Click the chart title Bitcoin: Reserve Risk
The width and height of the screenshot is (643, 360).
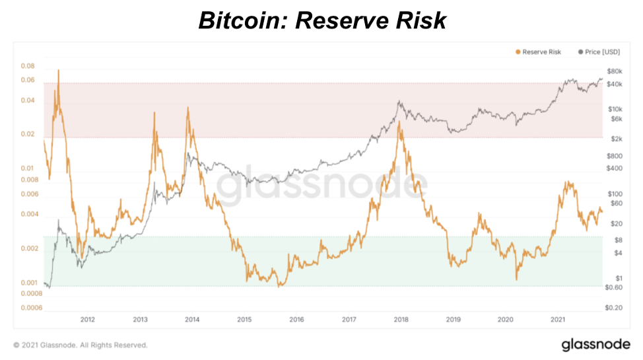tap(322, 20)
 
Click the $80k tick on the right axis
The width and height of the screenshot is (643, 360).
tap(614, 71)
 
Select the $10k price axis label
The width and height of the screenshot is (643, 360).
tap(614, 108)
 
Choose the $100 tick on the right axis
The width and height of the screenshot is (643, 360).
tap(615, 194)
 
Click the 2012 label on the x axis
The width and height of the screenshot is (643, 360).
tap(87, 320)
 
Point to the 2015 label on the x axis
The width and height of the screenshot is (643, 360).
tap(244, 320)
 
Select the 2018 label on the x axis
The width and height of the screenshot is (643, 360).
tap(401, 320)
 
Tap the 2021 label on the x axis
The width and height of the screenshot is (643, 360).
tap(558, 320)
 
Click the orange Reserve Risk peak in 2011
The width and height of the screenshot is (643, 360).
tap(58, 70)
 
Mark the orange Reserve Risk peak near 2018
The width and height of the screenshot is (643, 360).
tap(399, 122)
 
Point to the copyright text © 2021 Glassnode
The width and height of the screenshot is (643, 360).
tap(80, 345)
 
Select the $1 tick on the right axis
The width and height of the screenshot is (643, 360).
tap(618, 277)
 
